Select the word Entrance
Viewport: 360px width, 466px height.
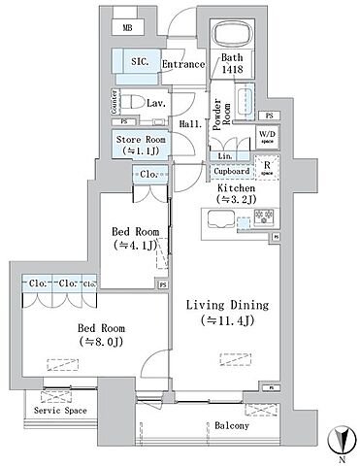click(182, 65)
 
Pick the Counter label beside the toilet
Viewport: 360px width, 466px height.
click(112, 99)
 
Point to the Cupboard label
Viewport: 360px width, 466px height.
click(232, 171)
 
